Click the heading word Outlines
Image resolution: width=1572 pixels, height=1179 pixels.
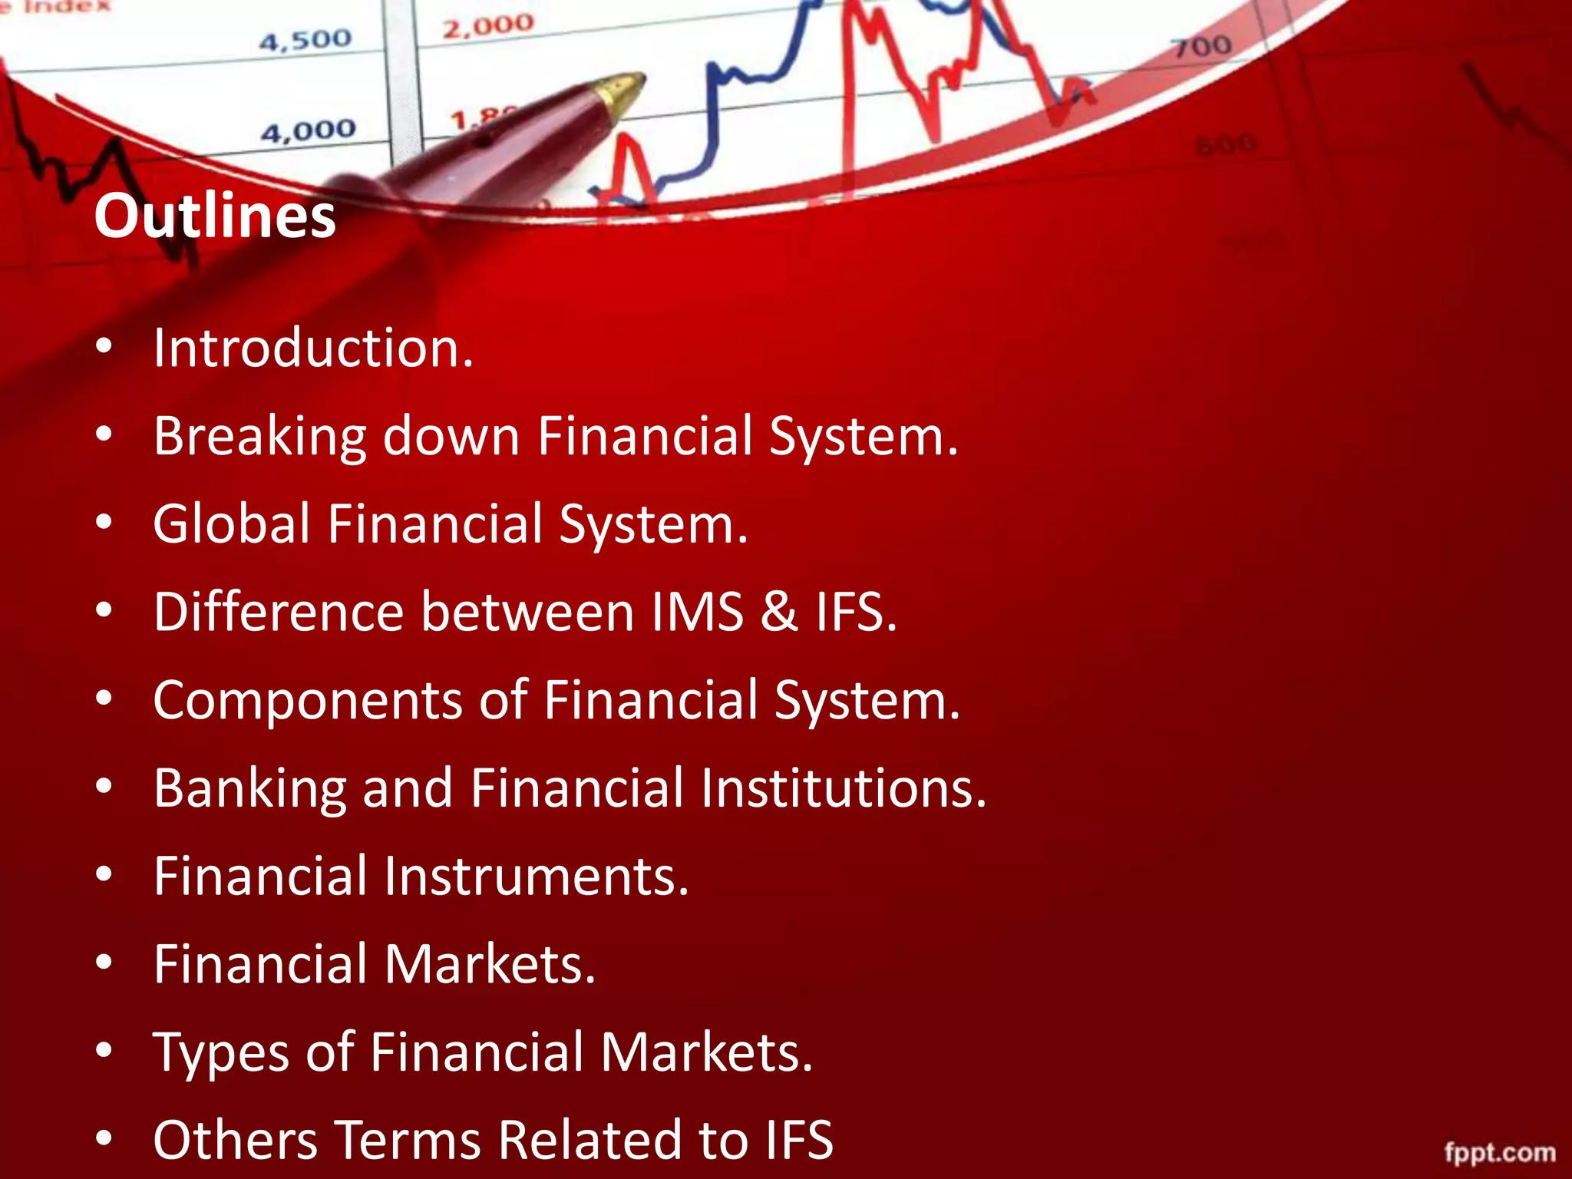pyautogui.click(x=215, y=216)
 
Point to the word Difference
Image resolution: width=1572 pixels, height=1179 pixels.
pyautogui.click(x=278, y=613)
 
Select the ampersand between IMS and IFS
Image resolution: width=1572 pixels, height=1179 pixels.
pyautogui.click(x=779, y=613)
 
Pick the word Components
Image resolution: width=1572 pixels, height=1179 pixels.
pyautogui.click(x=308, y=701)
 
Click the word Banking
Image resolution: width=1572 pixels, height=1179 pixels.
pyautogui.click(x=249, y=788)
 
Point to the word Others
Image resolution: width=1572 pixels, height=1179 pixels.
pyautogui.click(x=235, y=1140)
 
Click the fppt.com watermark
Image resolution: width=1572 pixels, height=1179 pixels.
pyautogui.click(x=1500, y=1152)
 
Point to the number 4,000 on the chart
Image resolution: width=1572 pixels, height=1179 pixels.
pyautogui.click(x=309, y=131)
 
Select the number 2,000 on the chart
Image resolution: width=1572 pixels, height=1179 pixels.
pyautogui.click(x=488, y=26)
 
